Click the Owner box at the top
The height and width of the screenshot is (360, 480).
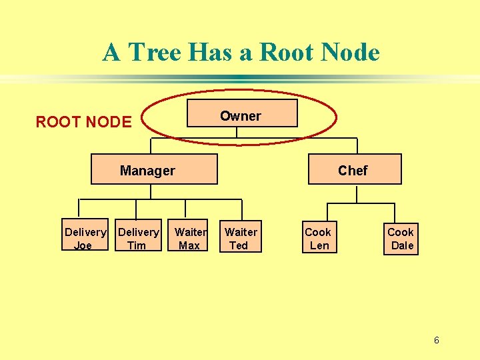pyautogui.click(x=241, y=115)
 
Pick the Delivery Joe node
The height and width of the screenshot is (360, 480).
pyautogui.click(x=85, y=238)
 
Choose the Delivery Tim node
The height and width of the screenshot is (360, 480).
pyautogui.click(x=138, y=238)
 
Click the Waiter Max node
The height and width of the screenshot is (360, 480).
pyautogui.click(x=190, y=238)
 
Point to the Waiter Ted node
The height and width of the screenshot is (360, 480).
pyautogui.click(x=240, y=238)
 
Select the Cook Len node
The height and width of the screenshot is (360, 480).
pyautogui.click(x=318, y=238)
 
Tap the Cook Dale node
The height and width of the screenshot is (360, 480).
pyautogui.click(x=401, y=238)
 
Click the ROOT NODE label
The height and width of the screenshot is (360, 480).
pyautogui.click(x=83, y=122)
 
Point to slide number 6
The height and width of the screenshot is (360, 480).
pyautogui.click(x=436, y=341)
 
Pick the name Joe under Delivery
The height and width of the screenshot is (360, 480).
pyautogui.click(x=83, y=245)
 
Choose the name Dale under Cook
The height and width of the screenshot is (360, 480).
pyautogui.click(x=402, y=245)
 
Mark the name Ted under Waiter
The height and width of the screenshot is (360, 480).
pyautogui.click(x=238, y=245)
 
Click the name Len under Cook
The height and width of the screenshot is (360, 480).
pyautogui.click(x=319, y=245)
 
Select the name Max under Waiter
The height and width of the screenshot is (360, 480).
pyautogui.click(x=189, y=245)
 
